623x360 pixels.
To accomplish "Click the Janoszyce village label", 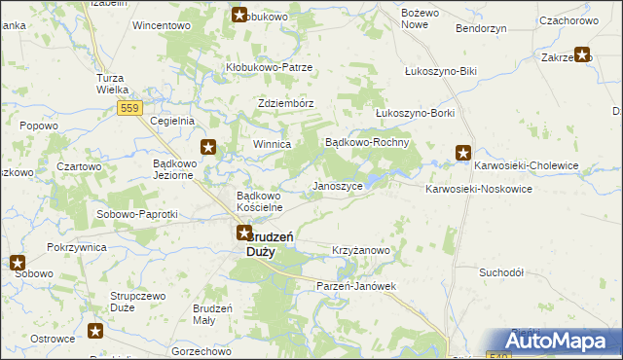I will point(338,185).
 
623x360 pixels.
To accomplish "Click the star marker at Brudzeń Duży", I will point(244,234).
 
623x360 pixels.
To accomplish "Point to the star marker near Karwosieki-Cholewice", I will point(463,153).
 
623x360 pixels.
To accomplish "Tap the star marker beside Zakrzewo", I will point(583,55).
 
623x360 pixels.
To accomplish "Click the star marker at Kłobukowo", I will point(240,15).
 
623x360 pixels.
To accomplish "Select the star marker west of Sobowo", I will point(17,262).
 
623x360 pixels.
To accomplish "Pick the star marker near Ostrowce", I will point(96,331).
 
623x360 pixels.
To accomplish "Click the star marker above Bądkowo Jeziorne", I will point(208,148).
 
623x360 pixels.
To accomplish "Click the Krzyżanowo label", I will point(361,250).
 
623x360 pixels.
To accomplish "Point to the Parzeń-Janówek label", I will point(357,286).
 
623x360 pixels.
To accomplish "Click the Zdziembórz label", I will point(285,102).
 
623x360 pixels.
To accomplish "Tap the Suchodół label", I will point(502,272).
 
